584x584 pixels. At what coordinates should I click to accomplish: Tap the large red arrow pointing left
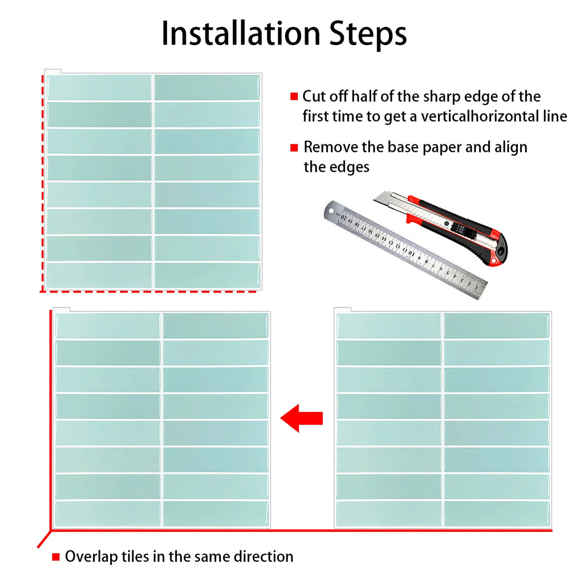tap(301, 418)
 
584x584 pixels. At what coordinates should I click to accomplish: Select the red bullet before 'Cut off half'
tap(294, 96)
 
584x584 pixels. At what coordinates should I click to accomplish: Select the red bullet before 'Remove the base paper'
tap(294, 148)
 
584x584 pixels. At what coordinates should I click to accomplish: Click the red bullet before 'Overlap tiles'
tap(56, 557)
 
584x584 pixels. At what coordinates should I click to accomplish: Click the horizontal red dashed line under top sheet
tap(148, 291)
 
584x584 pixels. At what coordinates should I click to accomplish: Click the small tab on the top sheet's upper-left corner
tap(53, 71)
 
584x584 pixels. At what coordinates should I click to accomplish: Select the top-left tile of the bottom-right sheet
tap(388, 325)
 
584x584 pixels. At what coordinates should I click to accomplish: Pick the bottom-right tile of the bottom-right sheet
tap(496, 513)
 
